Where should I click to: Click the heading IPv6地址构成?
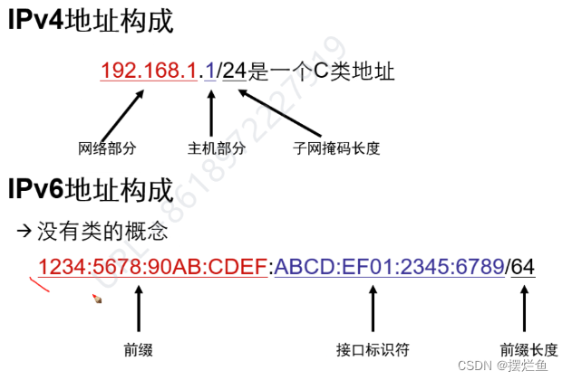[90, 190]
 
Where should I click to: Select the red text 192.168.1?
[149, 71]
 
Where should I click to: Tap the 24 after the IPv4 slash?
[235, 71]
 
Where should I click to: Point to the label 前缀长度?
[528, 349]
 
